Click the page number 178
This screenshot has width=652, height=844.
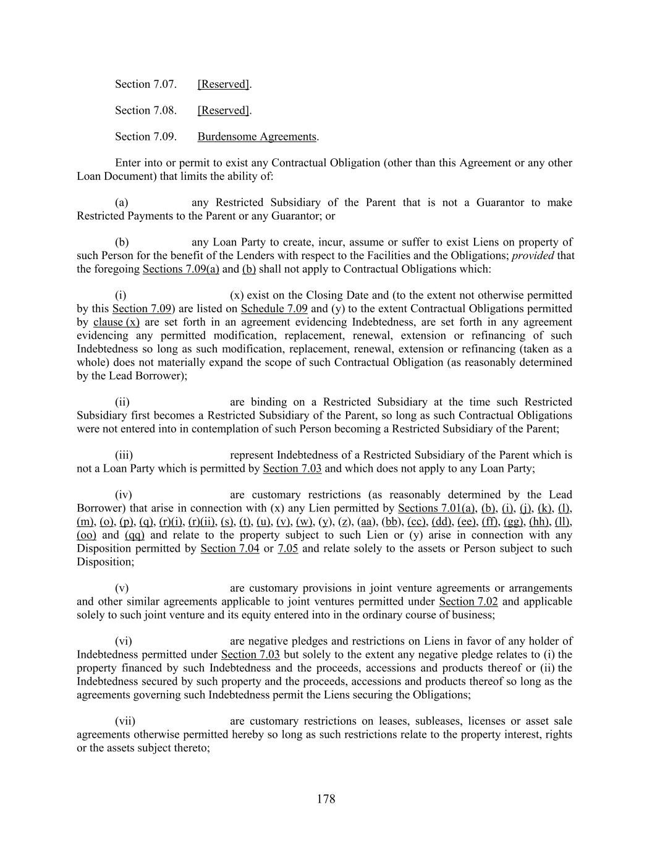(x=326, y=799)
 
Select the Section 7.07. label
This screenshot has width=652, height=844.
(x=146, y=84)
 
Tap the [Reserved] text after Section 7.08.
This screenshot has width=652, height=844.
(x=223, y=111)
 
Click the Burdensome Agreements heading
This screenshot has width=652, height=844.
(x=256, y=137)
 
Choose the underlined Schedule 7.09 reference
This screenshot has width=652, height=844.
(x=274, y=309)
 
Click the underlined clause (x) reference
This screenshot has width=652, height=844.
(x=116, y=322)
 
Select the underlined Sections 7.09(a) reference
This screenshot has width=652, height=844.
(x=180, y=269)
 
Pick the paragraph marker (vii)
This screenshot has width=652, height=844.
(x=125, y=721)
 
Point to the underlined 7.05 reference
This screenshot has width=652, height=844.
(x=288, y=548)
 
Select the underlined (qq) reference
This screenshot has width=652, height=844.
(x=135, y=535)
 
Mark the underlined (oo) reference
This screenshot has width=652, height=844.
(x=85, y=535)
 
